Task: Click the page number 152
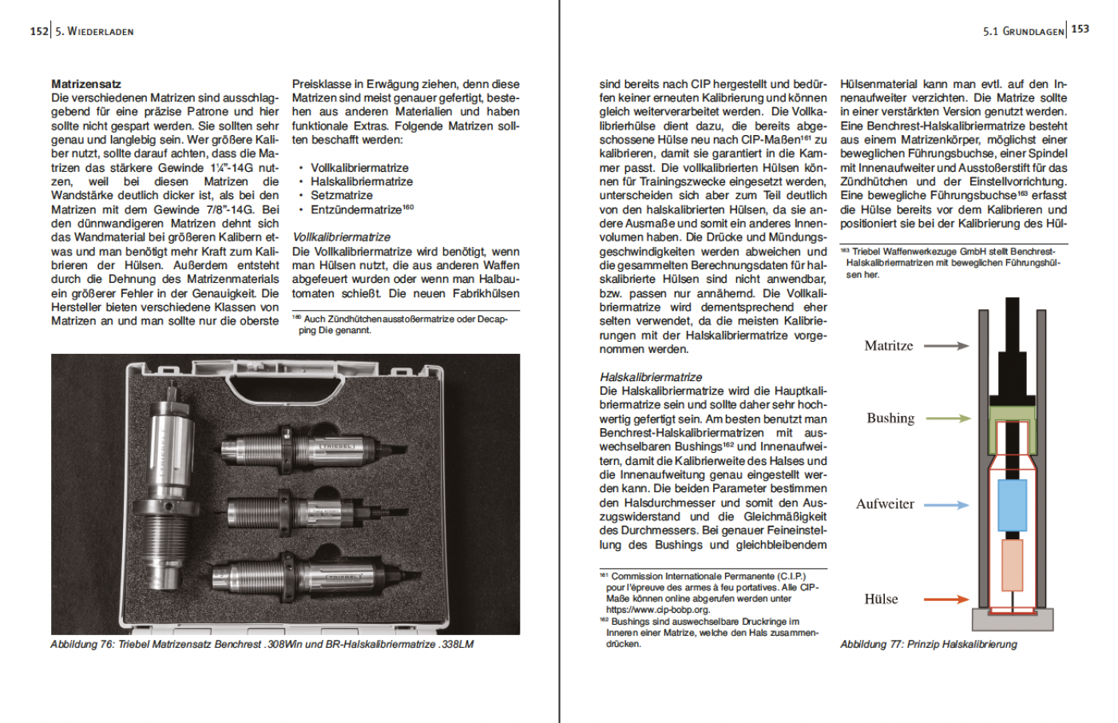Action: click(x=39, y=31)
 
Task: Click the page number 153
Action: click(x=1080, y=29)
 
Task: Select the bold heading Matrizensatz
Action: click(x=86, y=84)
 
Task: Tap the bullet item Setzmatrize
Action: click(x=341, y=195)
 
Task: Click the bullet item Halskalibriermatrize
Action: click(x=361, y=181)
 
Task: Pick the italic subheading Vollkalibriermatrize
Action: click(x=341, y=237)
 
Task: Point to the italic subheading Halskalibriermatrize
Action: click(x=651, y=377)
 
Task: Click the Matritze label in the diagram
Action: click(x=888, y=346)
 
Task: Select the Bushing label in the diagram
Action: click(x=890, y=418)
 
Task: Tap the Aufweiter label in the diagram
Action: click(x=885, y=504)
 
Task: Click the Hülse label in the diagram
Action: click(x=881, y=599)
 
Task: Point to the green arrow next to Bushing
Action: click(x=948, y=418)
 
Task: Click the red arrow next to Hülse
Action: click(x=946, y=599)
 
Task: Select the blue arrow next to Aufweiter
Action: click(x=946, y=505)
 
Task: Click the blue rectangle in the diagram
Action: click(x=1012, y=505)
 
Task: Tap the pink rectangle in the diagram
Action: click(x=1012, y=565)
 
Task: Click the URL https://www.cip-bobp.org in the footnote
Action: click(x=657, y=610)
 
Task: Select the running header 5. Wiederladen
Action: click(x=94, y=32)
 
